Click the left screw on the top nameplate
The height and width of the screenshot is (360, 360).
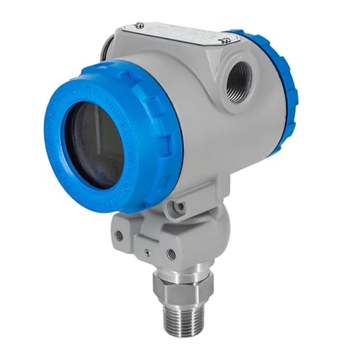(139, 27)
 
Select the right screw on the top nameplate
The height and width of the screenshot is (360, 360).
(225, 41)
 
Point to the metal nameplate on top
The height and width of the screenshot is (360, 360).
(180, 35)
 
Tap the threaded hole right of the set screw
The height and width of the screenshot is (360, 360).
(171, 253)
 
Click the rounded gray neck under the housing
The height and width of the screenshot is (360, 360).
(202, 230)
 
